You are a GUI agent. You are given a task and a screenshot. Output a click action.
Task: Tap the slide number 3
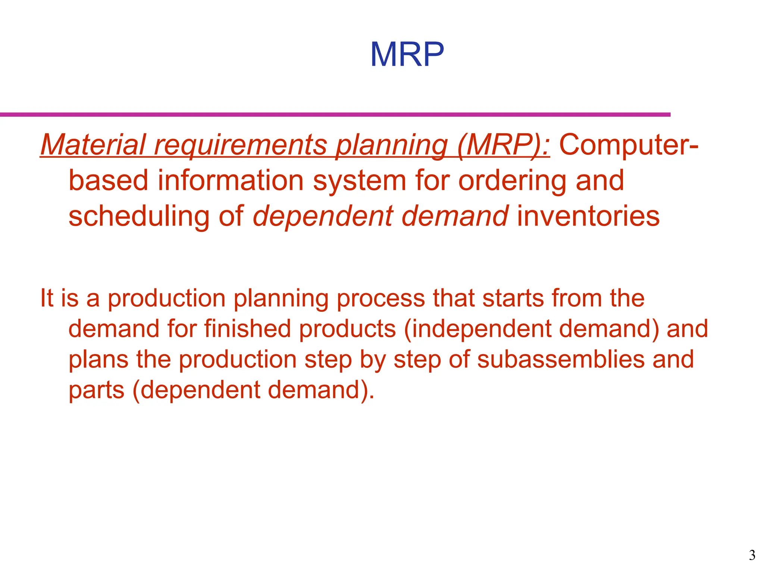point(752,555)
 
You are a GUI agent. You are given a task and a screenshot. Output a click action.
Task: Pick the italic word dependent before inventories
point(323,216)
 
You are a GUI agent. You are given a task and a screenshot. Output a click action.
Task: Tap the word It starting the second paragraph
point(47,298)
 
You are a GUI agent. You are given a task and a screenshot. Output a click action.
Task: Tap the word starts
point(513,298)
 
